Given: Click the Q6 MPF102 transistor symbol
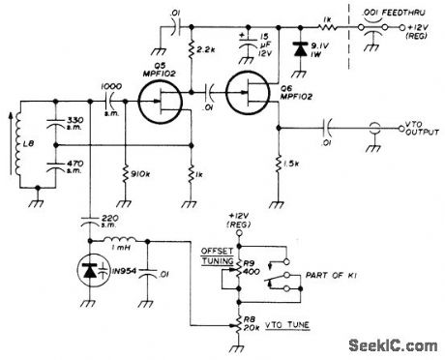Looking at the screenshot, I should coord(251,97).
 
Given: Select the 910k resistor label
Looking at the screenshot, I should coord(138,175).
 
